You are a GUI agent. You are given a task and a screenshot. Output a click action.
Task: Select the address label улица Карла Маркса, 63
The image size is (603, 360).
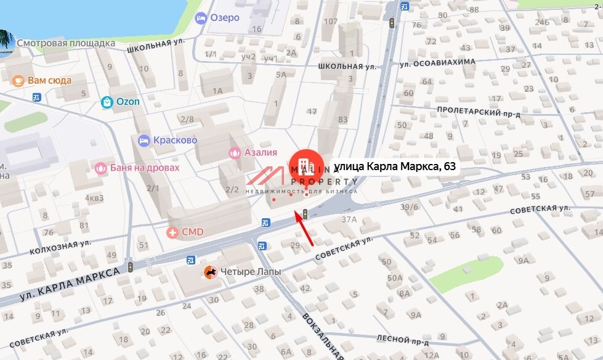pos(395,166)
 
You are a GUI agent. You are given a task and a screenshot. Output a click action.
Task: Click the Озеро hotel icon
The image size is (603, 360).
pos(201,18)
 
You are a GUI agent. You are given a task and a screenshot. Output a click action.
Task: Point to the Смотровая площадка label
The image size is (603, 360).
pos(66,44)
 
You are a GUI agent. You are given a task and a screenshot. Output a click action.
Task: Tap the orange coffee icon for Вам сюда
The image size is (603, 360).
pos(18,80)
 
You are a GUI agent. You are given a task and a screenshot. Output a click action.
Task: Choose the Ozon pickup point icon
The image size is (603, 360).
pos(107,102)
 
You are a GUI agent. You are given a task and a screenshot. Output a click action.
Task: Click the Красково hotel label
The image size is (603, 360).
pos(175,140)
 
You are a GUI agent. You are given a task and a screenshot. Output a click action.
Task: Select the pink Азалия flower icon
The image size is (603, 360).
pos(234,152)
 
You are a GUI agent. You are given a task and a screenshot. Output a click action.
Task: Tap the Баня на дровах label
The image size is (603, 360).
pos(144,168)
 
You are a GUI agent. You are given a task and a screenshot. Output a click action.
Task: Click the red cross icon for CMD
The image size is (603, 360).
pos(173,232)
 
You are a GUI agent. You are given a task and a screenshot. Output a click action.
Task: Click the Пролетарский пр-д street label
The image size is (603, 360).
pos(479,111)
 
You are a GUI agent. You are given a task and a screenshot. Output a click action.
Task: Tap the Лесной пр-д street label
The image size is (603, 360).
pos(402,339)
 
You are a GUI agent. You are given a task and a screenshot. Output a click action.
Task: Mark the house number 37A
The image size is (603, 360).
pos(350,219)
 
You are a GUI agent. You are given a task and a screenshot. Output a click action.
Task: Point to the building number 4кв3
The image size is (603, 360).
pos(94,198)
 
